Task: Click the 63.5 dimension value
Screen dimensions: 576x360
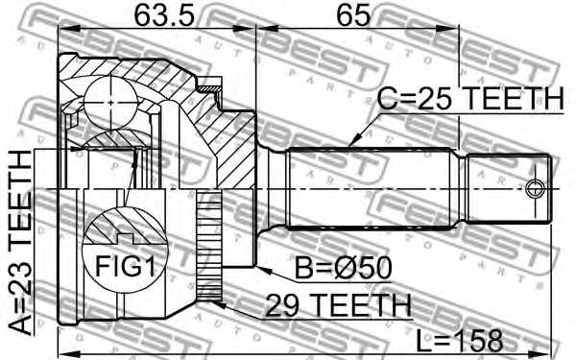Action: [163, 15]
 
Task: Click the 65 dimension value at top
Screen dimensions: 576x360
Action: [353, 15]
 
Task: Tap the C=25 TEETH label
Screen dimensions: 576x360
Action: [470, 99]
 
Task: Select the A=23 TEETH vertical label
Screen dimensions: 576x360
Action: [20, 243]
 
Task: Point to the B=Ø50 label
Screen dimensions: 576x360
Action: [344, 268]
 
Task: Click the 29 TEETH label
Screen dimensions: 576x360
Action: [338, 305]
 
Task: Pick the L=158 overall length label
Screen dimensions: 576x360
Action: [460, 340]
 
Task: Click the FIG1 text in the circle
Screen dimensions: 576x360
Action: [125, 266]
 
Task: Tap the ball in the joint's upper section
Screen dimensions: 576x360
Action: [110, 102]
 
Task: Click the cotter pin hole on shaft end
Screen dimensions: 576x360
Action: [535, 189]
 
